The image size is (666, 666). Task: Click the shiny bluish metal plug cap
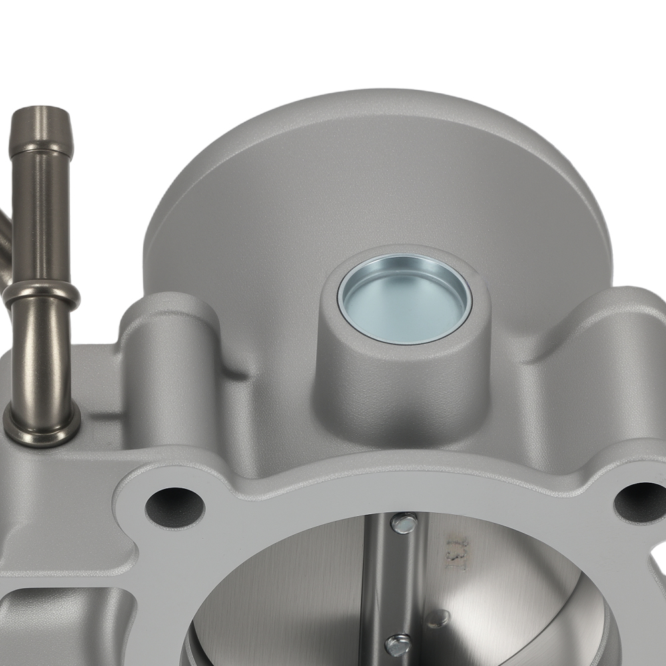point(404,299)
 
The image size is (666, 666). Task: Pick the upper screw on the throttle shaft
point(404,523)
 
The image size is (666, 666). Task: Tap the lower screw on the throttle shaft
point(398,645)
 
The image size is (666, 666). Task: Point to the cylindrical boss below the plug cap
point(400,386)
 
